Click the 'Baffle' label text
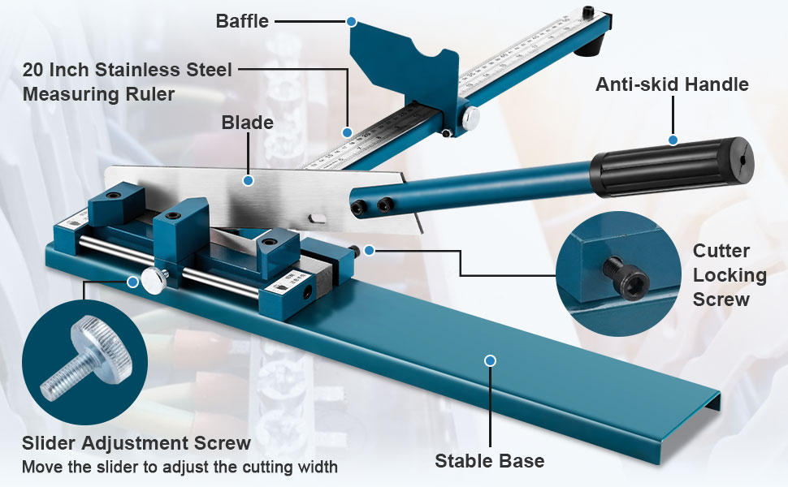(241, 21)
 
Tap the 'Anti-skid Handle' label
(672, 84)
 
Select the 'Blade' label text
(247, 123)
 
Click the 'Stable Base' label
(489, 461)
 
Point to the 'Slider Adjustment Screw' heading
(136, 443)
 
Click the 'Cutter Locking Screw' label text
(730, 275)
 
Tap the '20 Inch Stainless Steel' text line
(127, 71)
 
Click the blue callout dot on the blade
(249, 180)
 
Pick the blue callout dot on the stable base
(489, 360)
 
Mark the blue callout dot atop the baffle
(351, 20)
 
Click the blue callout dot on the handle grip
(673, 140)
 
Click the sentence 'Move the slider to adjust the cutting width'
(179, 468)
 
